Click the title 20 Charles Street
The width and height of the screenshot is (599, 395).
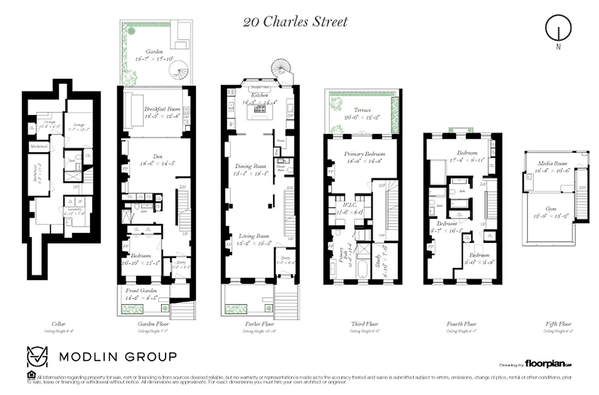tap(295, 22)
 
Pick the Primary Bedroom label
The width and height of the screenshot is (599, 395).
tap(364, 154)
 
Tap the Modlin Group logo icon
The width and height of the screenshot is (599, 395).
tap(38, 356)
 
